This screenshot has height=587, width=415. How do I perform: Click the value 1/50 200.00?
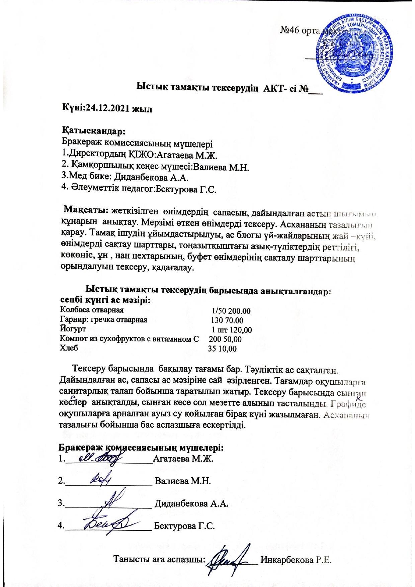click(x=231, y=311)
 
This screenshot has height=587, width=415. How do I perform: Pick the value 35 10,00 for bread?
click(x=222, y=349)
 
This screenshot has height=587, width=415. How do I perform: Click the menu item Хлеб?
click(x=69, y=348)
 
